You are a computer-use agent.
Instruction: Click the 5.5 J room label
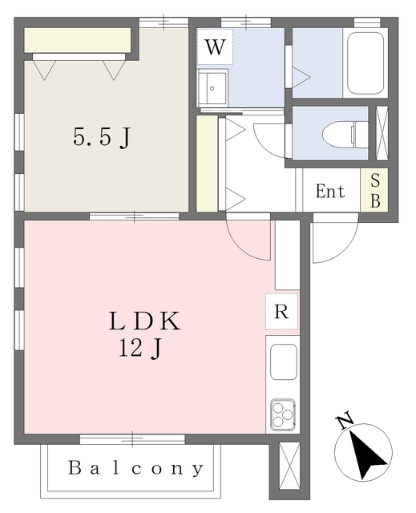102,138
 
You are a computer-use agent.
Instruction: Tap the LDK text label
147,322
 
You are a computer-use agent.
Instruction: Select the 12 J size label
145,349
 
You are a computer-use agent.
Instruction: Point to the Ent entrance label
329,192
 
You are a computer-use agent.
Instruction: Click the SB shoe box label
374,192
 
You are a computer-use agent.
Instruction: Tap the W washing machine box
214,47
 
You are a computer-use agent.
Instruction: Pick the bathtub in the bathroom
366,63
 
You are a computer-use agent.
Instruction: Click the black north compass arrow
366,452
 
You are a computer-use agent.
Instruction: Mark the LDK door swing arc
250,239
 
